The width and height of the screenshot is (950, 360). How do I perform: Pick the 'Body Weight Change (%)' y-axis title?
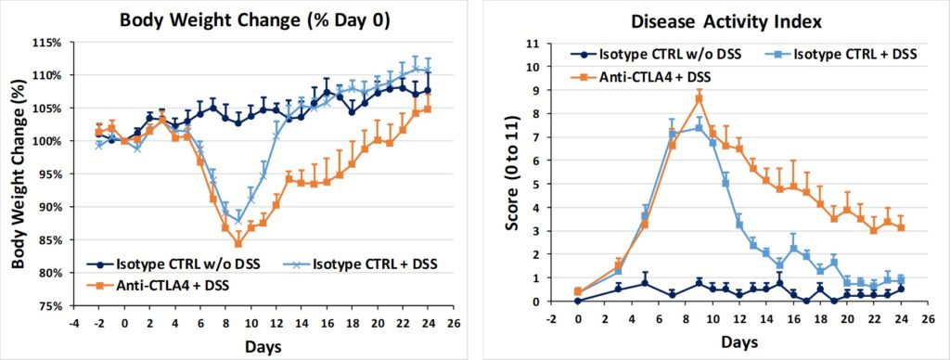pyautogui.click(x=16, y=174)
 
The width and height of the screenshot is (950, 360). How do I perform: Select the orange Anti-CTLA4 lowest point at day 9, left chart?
pyautogui.click(x=237, y=244)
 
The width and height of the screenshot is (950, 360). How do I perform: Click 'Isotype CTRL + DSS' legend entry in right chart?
pyautogui.click(x=845, y=55)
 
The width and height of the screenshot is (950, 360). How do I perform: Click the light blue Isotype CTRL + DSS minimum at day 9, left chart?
pyautogui.click(x=237, y=221)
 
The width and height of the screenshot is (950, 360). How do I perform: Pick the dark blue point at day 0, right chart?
pyautogui.click(x=578, y=301)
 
